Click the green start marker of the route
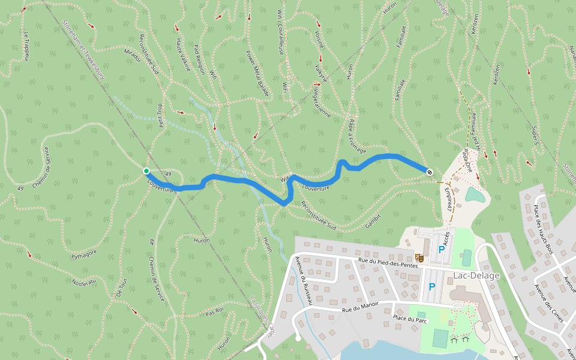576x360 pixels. pyautogui.click(x=146, y=171)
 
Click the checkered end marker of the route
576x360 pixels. pyautogui.click(x=430, y=172)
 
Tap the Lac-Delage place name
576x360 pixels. pyautogui.click(x=477, y=275)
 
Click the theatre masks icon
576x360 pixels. pyautogui.click(x=419, y=257)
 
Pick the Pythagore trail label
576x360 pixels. pyautogui.click(x=84, y=254)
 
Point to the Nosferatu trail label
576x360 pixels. pyautogui.click(x=84, y=283)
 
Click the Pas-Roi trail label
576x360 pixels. pyautogui.click(x=214, y=312)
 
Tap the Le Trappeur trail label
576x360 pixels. pyautogui.click(x=26, y=46)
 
